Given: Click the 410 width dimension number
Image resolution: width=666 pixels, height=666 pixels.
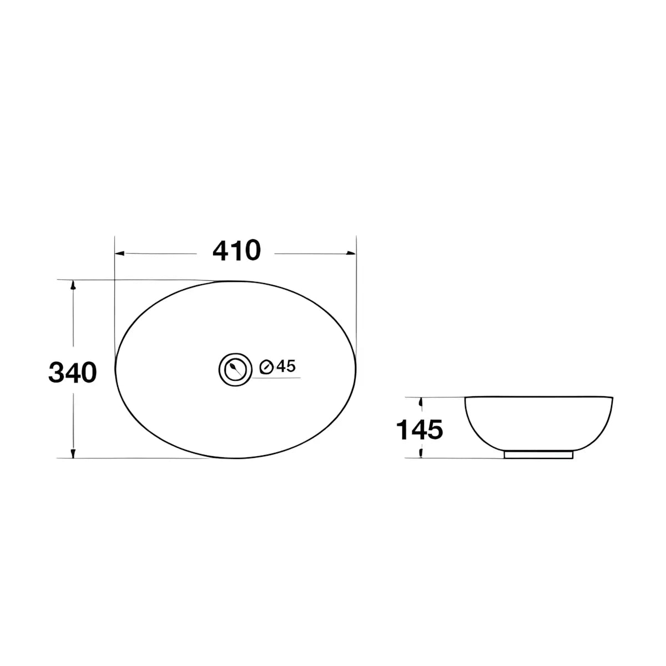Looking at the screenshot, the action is click(x=236, y=250).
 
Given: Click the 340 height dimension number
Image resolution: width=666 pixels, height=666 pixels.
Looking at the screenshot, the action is click(x=73, y=372).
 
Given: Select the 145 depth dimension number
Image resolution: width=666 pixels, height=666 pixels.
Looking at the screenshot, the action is click(x=419, y=430).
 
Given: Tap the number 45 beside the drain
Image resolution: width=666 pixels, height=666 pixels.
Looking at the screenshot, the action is click(x=286, y=366).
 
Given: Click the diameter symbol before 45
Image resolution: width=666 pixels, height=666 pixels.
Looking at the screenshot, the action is click(x=267, y=367).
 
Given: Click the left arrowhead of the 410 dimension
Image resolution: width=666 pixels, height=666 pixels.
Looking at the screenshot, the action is click(x=119, y=254).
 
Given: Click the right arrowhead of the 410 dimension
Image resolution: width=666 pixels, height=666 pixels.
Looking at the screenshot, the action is click(x=351, y=254).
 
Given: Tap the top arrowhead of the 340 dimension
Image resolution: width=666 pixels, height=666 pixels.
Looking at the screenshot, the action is click(x=73, y=285).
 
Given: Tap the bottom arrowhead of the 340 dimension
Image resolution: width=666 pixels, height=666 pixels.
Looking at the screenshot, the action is click(x=73, y=453).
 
